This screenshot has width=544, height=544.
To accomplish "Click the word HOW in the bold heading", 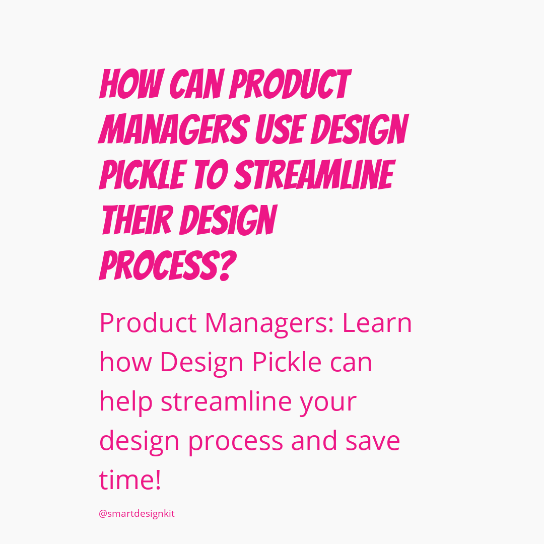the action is (131, 84).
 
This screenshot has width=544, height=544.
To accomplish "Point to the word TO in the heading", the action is (211, 174).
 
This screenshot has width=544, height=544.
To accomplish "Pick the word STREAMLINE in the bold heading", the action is (315, 174).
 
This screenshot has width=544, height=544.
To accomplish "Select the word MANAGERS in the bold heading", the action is (174, 129).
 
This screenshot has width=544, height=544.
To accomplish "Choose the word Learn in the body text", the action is (377, 323).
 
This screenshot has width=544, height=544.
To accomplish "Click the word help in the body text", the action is (126, 402).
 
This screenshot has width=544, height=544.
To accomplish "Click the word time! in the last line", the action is (130, 480).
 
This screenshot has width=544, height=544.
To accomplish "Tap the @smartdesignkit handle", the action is (137, 514).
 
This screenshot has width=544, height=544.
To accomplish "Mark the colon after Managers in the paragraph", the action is (330, 326).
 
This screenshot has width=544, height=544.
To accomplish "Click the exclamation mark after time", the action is (158, 480).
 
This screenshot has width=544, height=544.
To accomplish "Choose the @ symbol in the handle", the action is (103, 514).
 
